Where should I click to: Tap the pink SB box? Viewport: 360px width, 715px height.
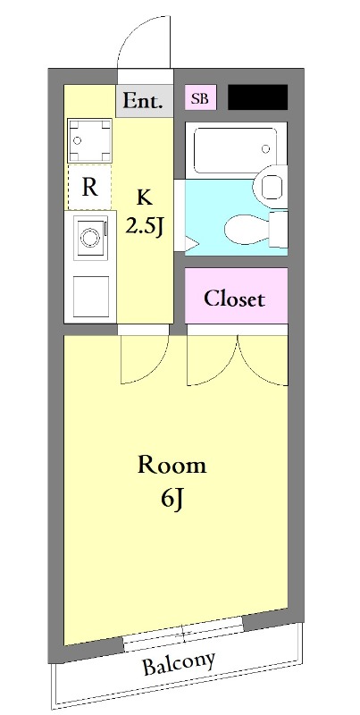200,98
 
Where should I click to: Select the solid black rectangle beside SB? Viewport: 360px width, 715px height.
257,97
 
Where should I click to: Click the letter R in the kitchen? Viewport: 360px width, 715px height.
89,188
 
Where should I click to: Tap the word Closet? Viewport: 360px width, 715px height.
234,298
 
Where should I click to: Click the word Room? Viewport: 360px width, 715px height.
172,465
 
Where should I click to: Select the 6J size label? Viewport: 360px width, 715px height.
172,497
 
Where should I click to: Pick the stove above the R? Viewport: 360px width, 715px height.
89,140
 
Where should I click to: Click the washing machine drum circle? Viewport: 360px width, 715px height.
89,238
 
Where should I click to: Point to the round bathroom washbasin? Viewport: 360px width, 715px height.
271,187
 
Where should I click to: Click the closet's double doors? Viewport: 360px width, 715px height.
237,357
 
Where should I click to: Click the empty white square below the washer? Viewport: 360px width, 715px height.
89,296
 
